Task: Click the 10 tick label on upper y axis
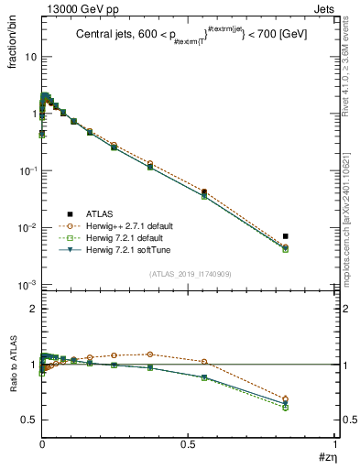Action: [29, 57]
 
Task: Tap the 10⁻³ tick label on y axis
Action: [27, 286]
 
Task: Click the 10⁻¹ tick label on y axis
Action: [27, 171]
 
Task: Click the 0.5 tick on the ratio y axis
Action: [27, 420]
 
